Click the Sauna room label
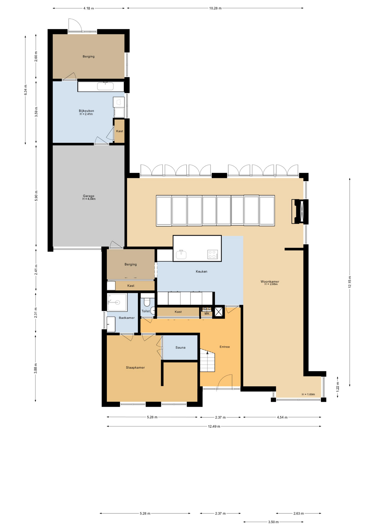[180, 348]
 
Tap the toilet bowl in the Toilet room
[147, 302]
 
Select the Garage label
[89, 196]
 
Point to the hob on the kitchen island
[212, 254]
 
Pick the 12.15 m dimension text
[350, 282]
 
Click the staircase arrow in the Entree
[207, 353]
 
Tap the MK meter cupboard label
[207, 314]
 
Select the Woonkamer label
[270, 282]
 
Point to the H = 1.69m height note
[308, 394]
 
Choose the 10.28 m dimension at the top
[215, 8]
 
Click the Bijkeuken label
[86, 111]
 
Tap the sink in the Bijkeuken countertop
[105, 86]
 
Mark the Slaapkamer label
[135, 367]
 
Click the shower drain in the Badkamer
[117, 302]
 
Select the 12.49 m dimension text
[214, 426]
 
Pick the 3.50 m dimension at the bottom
[273, 522]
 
